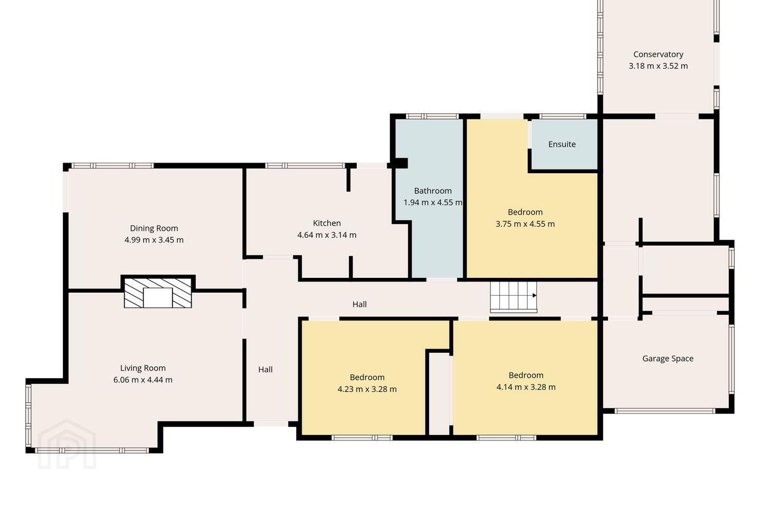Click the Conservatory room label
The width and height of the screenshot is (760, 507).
click(x=658, y=54)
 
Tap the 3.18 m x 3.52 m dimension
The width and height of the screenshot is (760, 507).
click(x=658, y=66)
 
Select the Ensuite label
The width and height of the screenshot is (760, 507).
click(x=562, y=144)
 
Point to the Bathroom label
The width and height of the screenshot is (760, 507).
click(x=433, y=191)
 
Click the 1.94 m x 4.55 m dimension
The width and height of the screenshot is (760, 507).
click(x=433, y=202)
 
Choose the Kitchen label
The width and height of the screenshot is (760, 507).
click(x=327, y=223)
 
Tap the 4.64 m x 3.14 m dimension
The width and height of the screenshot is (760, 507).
click(x=327, y=235)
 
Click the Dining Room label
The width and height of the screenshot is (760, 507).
click(x=154, y=228)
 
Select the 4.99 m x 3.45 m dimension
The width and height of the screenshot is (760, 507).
click(x=154, y=240)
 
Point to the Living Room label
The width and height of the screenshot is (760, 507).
click(x=143, y=368)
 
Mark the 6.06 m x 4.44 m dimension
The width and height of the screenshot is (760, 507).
click(x=143, y=380)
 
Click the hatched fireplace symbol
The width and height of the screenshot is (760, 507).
click(x=158, y=293)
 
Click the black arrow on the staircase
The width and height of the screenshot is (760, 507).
click(x=534, y=295)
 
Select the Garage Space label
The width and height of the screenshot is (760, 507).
click(x=668, y=359)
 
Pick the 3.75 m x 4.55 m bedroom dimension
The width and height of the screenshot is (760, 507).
click(x=525, y=224)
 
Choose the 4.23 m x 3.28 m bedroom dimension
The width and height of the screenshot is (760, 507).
click(x=367, y=389)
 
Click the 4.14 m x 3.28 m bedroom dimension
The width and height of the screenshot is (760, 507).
click(x=526, y=387)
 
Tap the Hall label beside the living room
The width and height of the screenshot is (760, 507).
click(x=265, y=370)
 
